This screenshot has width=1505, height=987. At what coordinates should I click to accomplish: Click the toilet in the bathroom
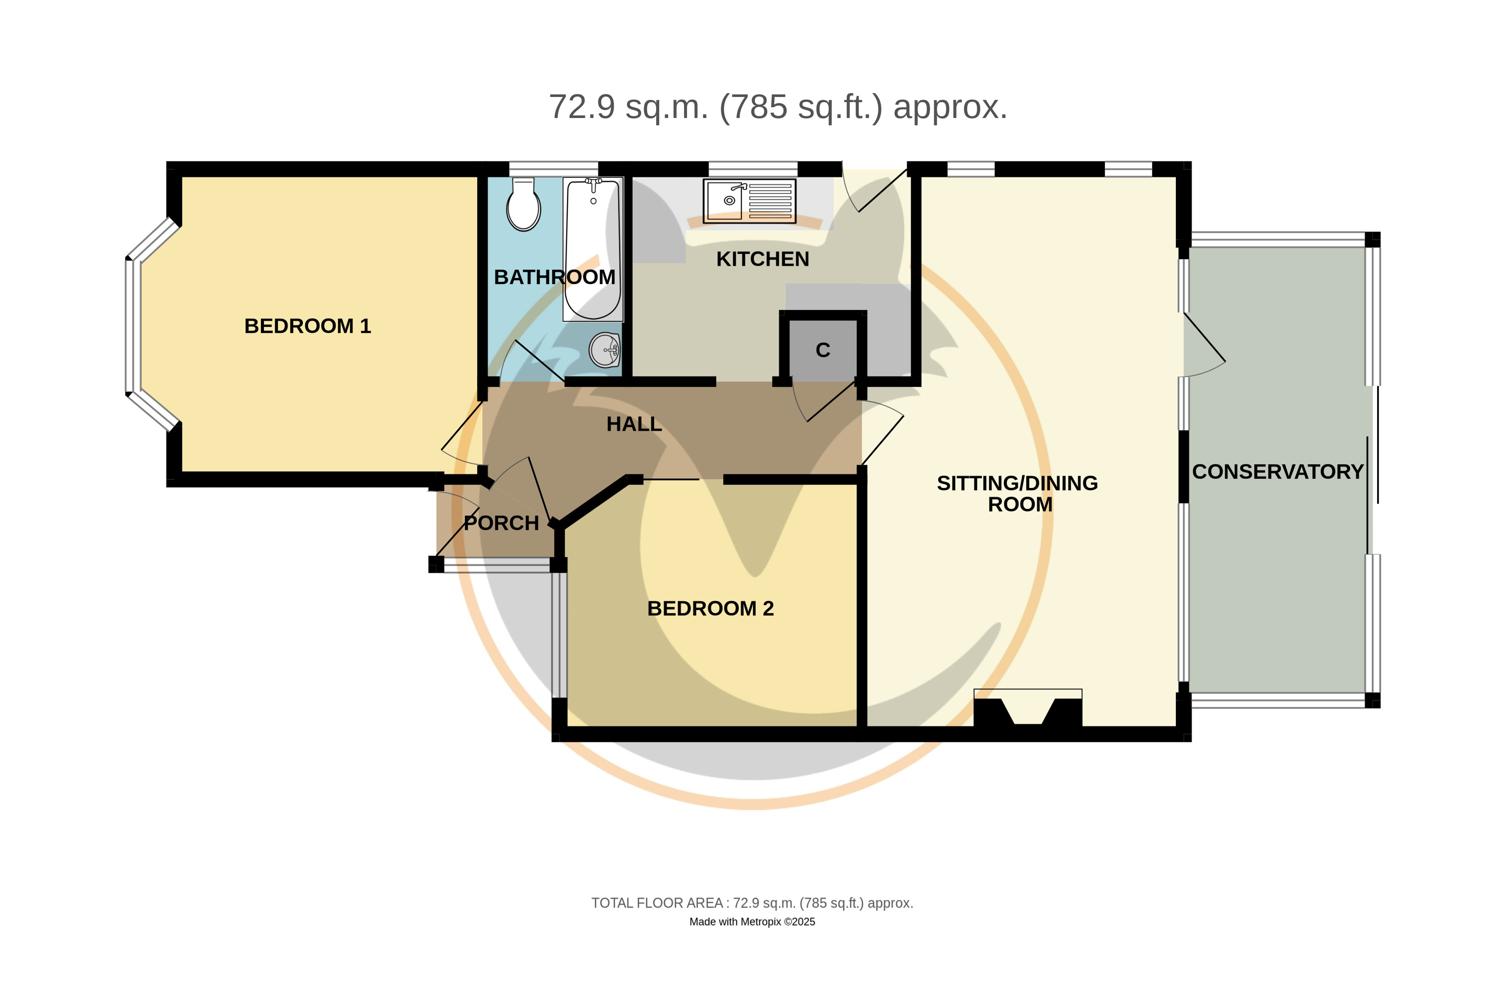point(523,203)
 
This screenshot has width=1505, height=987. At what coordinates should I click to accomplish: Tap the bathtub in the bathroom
point(593,249)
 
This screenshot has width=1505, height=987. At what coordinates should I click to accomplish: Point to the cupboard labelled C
point(822,350)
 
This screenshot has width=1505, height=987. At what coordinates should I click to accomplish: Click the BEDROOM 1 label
point(307,326)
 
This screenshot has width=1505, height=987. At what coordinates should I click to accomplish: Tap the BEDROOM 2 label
point(710,608)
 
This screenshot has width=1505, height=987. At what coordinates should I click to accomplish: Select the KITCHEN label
point(762,259)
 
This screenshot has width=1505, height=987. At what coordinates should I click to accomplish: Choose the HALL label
point(633,424)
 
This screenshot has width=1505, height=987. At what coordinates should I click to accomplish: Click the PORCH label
point(501,524)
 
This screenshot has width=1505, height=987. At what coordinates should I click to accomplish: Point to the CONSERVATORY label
point(1278,472)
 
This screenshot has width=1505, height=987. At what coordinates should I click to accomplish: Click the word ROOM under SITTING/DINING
point(1020,505)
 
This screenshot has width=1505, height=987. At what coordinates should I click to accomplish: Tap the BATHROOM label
point(554,277)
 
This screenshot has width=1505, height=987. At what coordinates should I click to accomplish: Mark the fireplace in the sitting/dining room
point(1027,708)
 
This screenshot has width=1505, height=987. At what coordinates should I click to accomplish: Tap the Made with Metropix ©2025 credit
point(752,922)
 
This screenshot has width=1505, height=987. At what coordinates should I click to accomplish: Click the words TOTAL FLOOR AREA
point(657,903)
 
